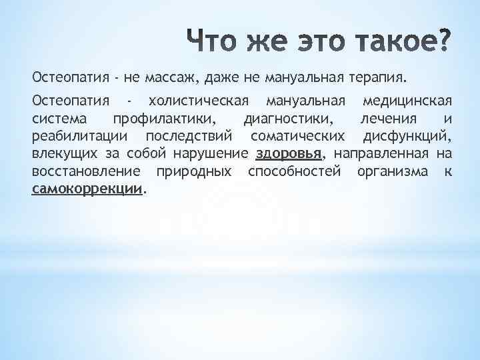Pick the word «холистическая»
[199, 101]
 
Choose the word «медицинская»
[406, 101]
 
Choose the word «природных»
[194, 171]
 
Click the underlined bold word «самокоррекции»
[87, 189]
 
